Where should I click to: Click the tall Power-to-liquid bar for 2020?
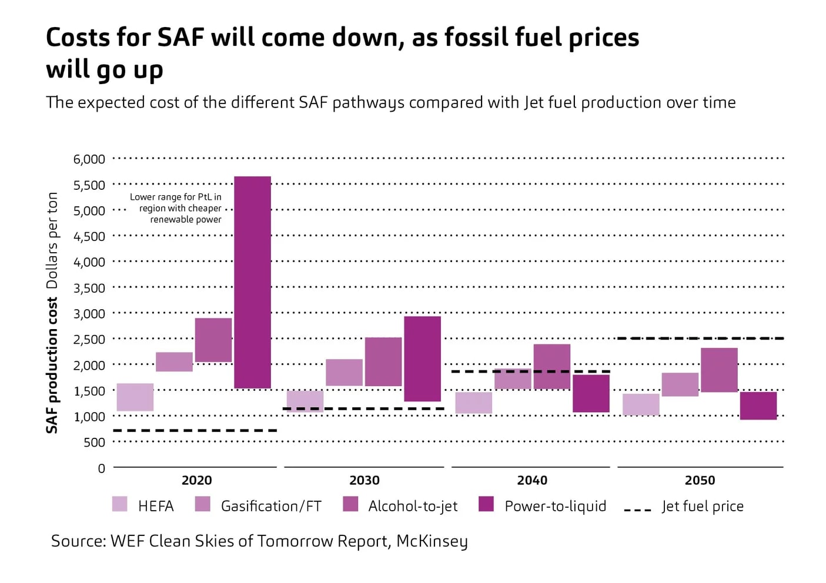tap(252, 282)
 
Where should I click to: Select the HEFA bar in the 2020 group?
tap(135, 397)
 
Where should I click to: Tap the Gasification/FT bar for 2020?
tap(174, 362)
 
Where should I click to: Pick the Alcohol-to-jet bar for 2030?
tap(383, 362)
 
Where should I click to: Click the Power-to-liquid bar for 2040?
tap(591, 393)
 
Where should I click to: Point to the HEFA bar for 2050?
tap(641, 404)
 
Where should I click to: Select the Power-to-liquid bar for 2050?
tap(758, 406)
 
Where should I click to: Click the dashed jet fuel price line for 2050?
tap(700, 339)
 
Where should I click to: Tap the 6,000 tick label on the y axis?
tap(89, 159)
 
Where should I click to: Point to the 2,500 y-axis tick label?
tap(89, 340)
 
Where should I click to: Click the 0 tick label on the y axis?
tap(101, 468)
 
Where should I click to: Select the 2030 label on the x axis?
tap(364, 481)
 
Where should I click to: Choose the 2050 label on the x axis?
tap(700, 481)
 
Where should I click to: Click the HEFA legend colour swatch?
tap(120, 504)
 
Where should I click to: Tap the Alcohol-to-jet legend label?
tap(413, 506)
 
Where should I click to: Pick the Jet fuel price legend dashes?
tap(637, 509)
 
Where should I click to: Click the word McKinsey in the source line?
tap(432, 541)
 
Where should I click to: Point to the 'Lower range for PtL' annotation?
tap(176, 208)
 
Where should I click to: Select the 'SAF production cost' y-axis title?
tap(52, 364)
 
